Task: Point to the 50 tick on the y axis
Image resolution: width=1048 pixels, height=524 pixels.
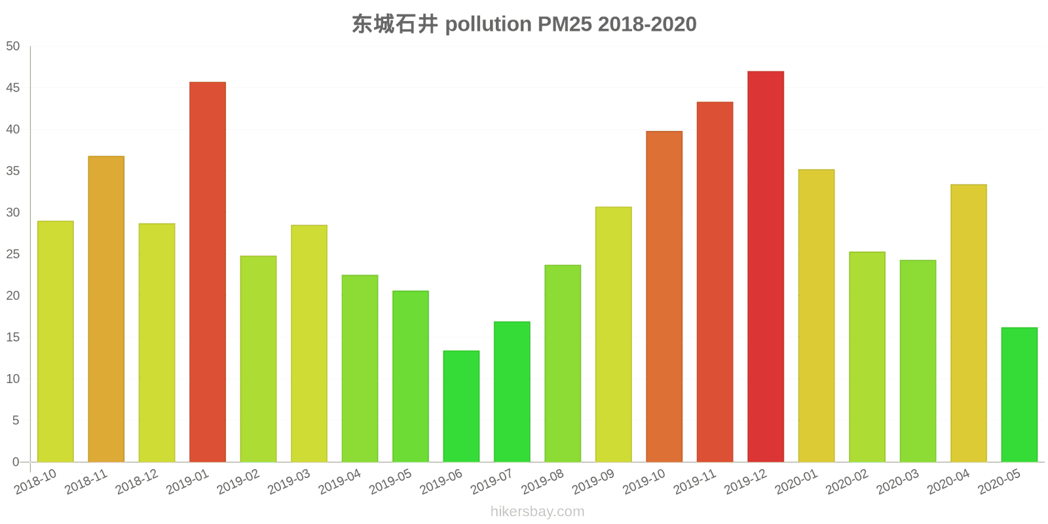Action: point(13,47)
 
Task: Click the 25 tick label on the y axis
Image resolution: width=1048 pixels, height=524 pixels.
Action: point(13,254)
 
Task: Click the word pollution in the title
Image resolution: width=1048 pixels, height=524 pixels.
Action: point(488,24)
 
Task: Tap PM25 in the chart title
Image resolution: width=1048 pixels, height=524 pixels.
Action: point(565,24)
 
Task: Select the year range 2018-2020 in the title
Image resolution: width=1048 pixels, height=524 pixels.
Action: point(647,24)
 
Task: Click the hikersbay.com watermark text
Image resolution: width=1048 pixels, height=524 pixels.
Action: point(537,512)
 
